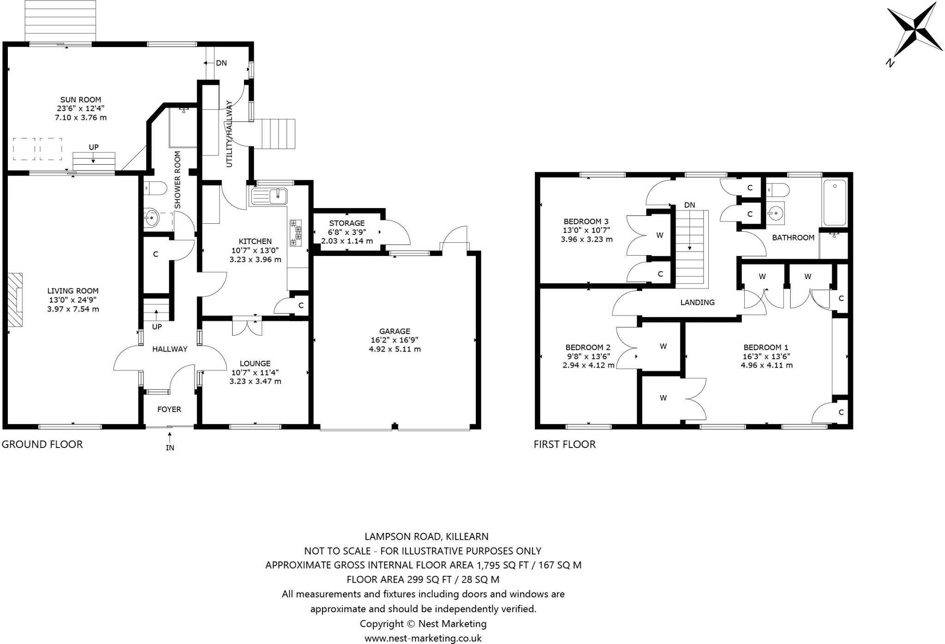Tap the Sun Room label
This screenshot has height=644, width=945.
pos(81,100)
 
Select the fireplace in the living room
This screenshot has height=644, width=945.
pos(15,300)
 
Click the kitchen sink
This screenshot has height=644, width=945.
pos(269,197)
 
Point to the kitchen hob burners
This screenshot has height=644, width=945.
pos(295,233)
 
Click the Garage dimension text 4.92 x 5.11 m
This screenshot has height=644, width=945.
pos(395,349)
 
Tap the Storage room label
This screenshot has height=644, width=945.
pos(347,223)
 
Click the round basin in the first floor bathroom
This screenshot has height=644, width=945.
pos(777,213)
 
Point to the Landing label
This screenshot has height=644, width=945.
pos(698,303)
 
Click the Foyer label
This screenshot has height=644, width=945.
pos(169,409)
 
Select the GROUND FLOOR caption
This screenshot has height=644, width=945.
pos(42,444)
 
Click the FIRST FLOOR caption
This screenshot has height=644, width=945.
pos(565,444)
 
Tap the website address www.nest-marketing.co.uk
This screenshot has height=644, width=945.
pos(423,638)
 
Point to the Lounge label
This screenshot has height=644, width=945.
pos(255,364)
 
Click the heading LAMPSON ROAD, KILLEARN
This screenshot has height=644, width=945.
pos(426,537)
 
